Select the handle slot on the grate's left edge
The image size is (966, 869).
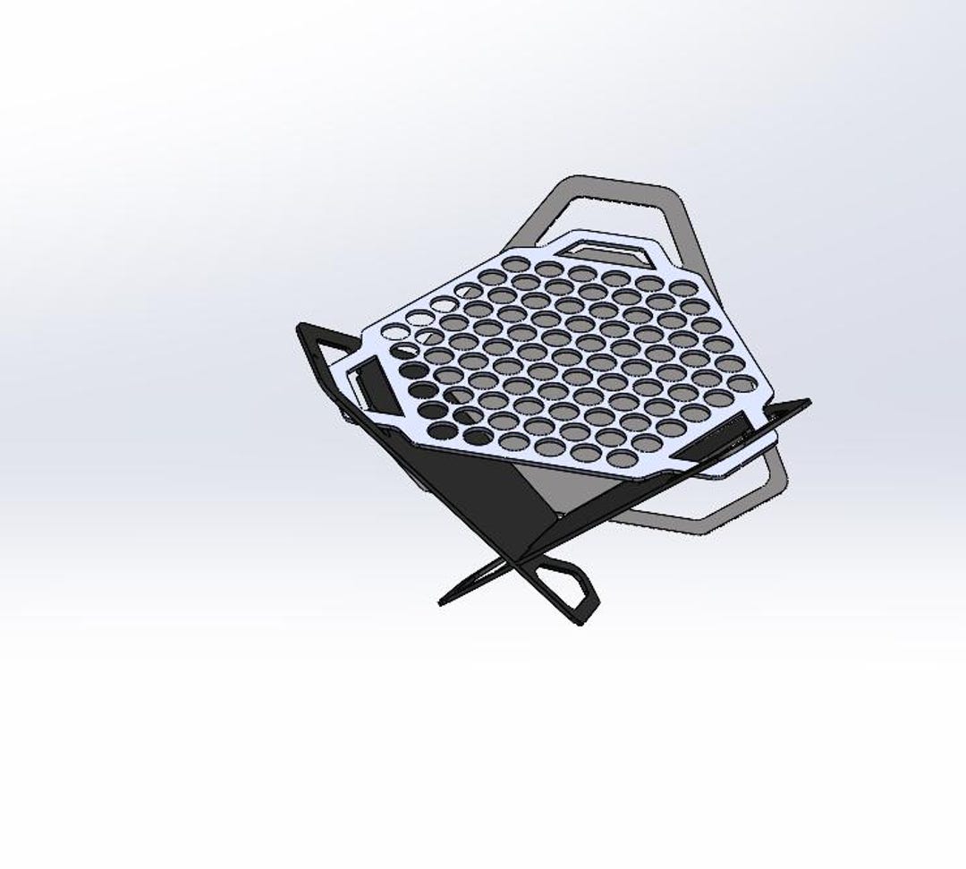pyautogui.click(x=366, y=385)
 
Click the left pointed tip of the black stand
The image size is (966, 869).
pyautogui.click(x=300, y=328)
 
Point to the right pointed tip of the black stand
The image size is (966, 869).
pyautogui.click(x=808, y=403)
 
